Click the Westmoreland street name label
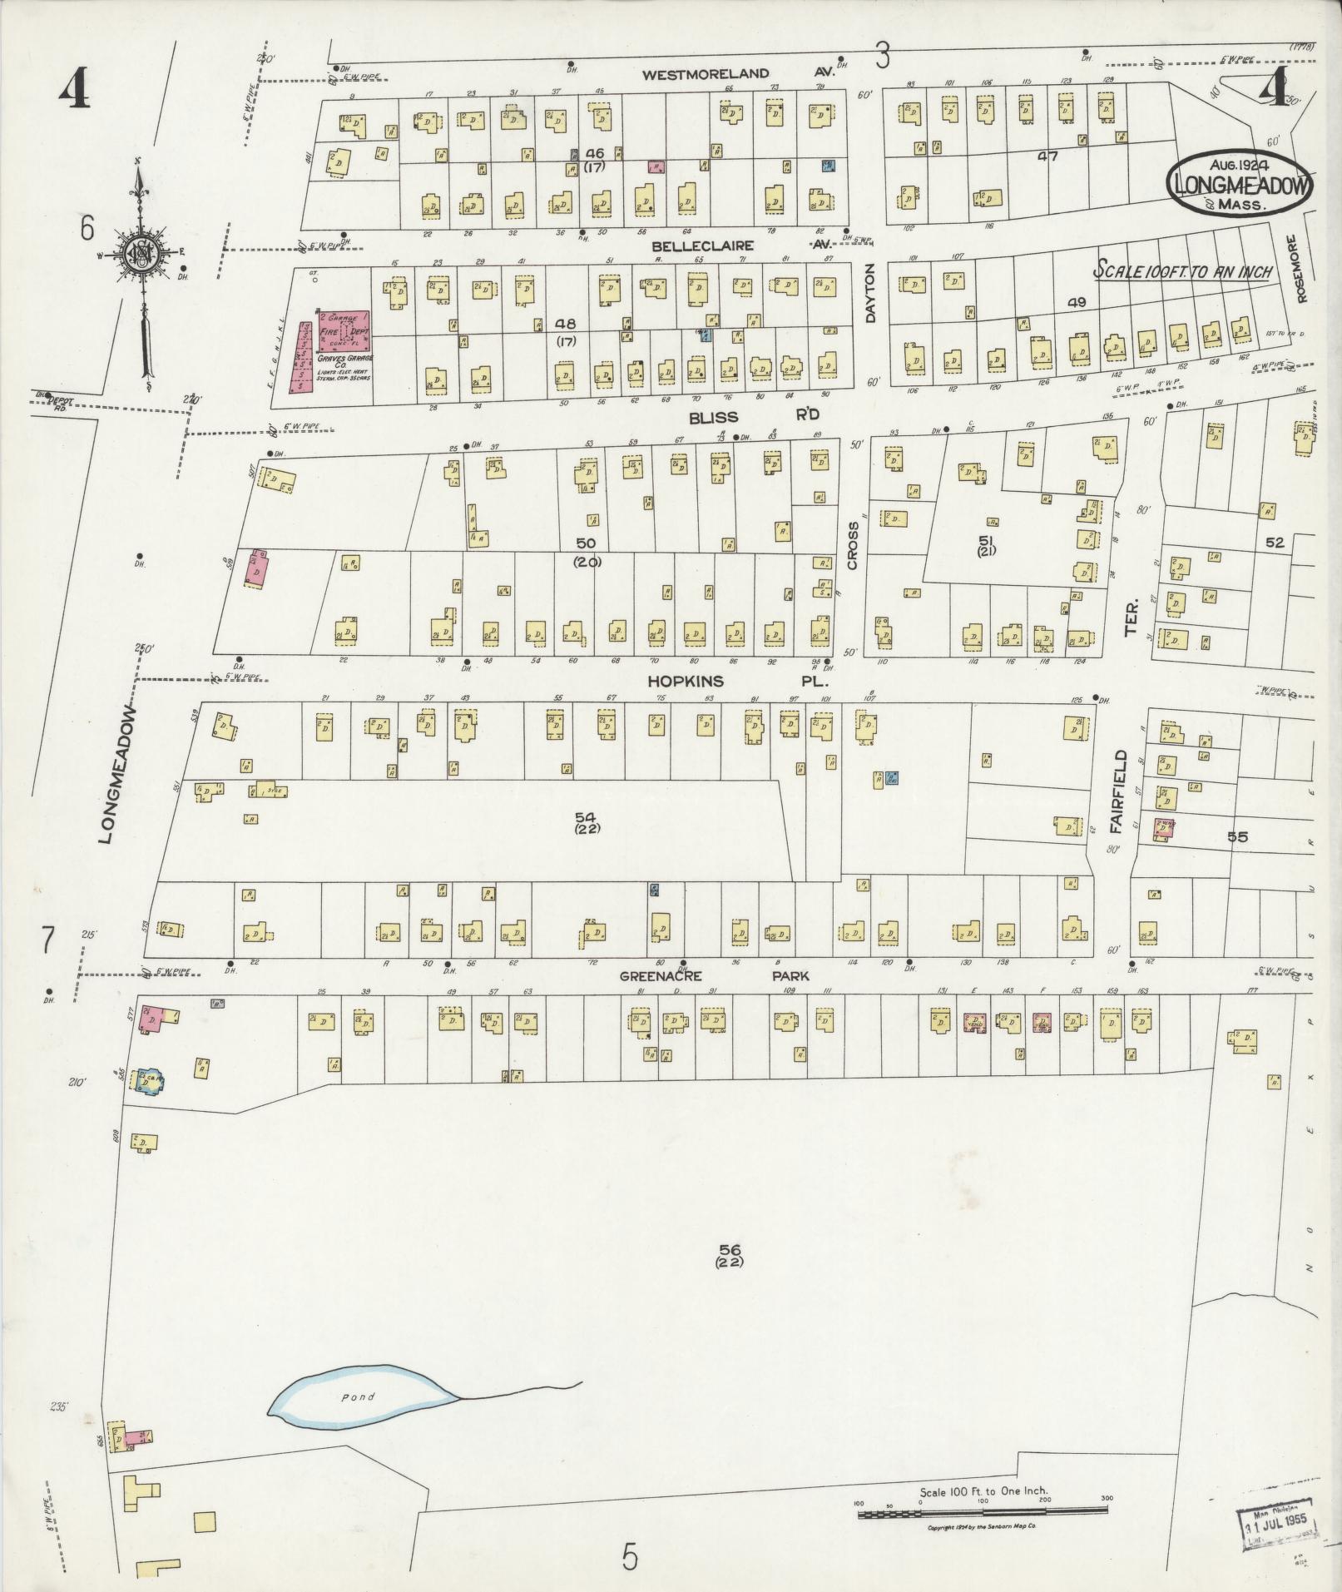pyautogui.click(x=706, y=74)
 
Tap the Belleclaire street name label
pyautogui.click(x=702, y=246)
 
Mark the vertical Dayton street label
pyautogui.click(x=871, y=292)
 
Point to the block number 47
pyautogui.click(x=1047, y=155)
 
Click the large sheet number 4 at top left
pyautogui.click(x=74, y=91)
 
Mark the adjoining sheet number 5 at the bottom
pyautogui.click(x=630, y=1554)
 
